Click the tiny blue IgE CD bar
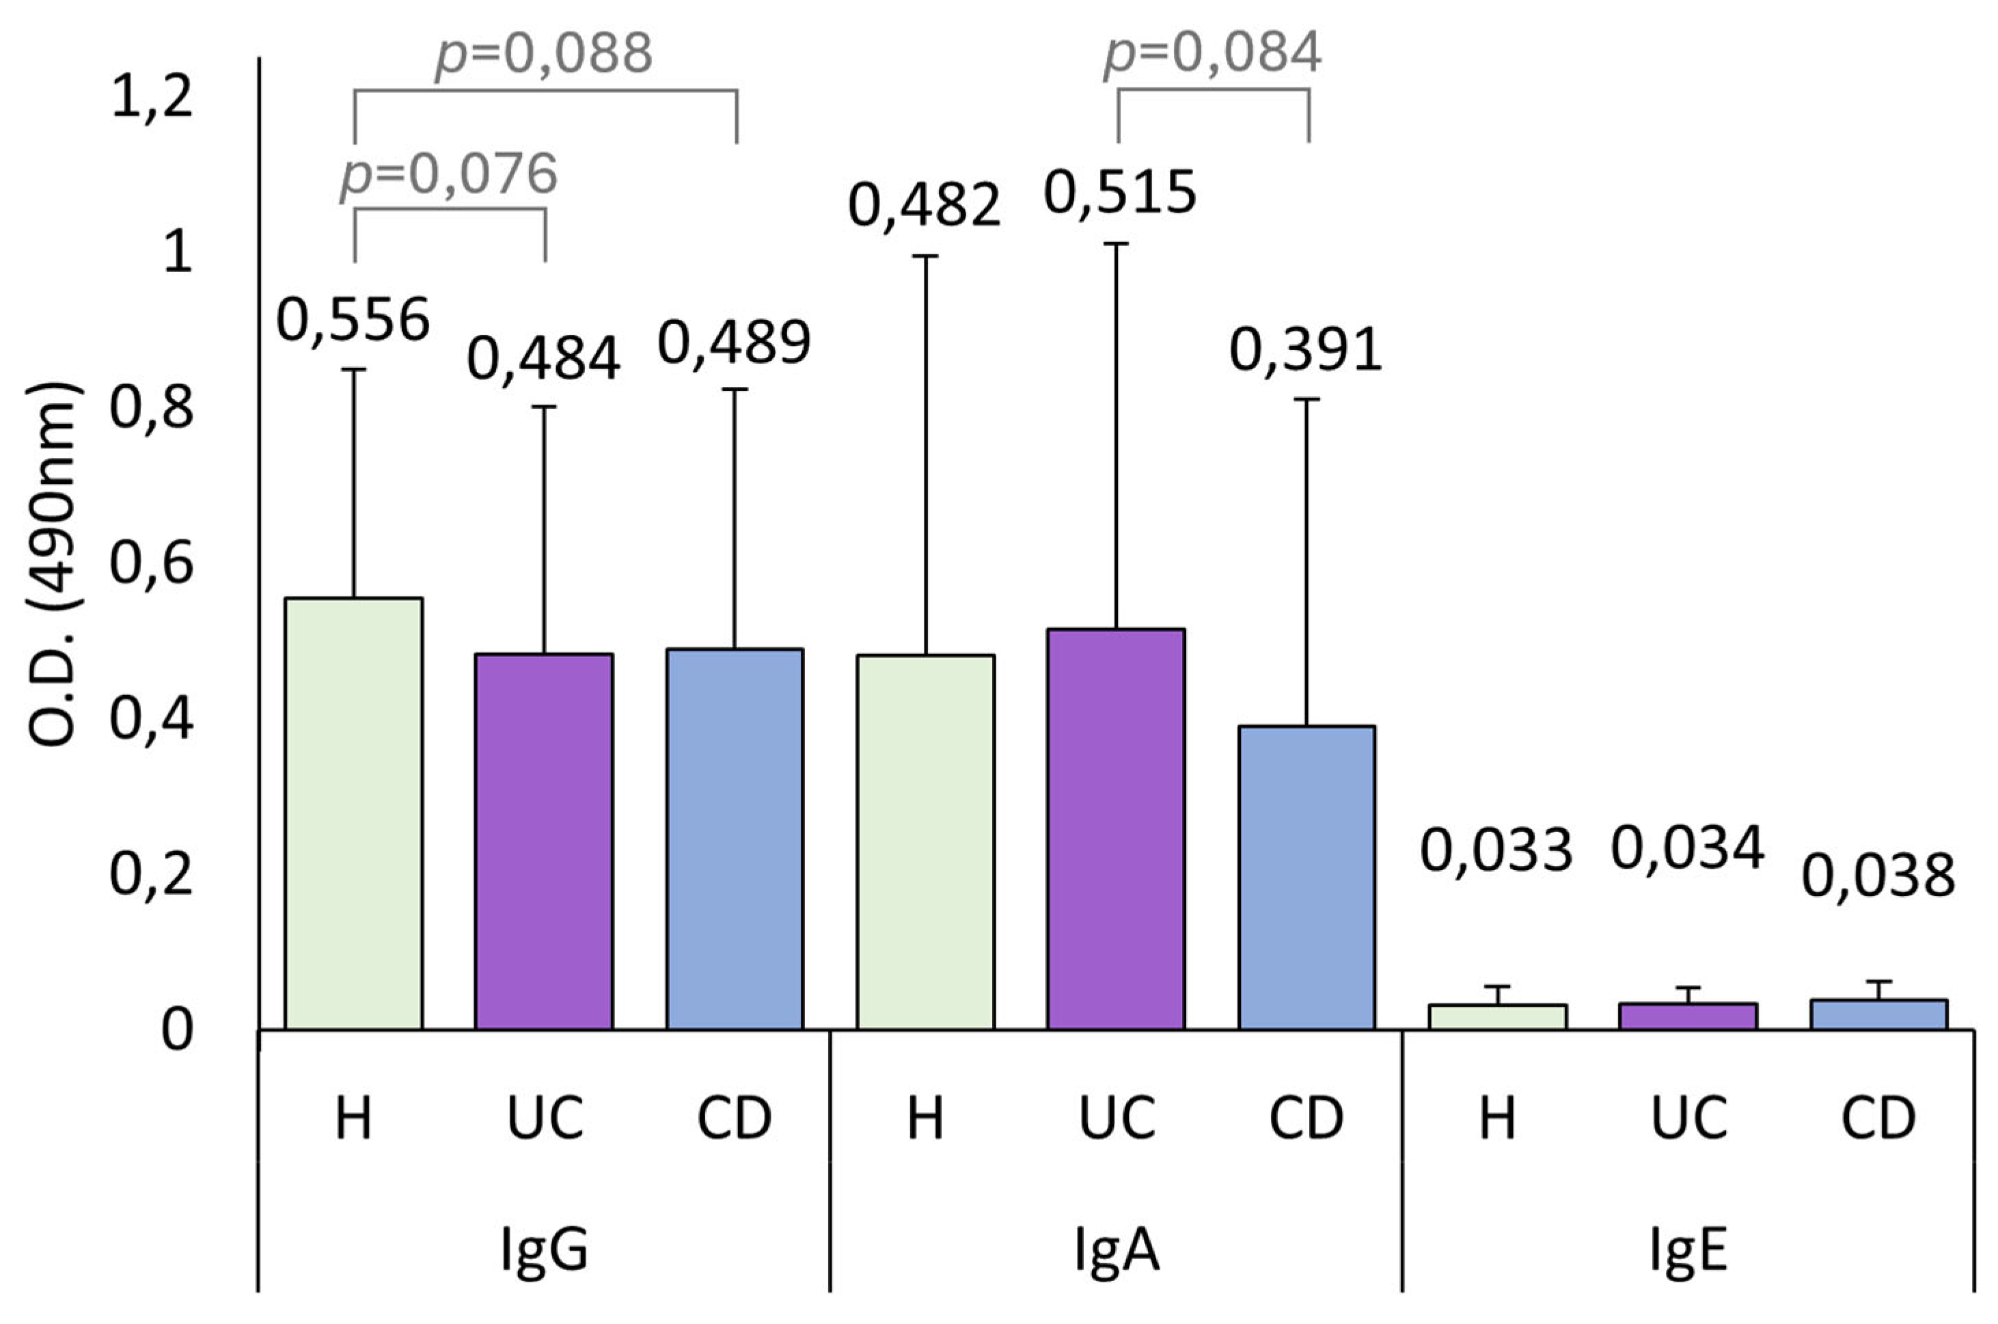[x=1879, y=1014]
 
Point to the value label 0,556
[x=354, y=321]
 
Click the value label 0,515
[x=1120, y=193]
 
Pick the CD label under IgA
[x=1306, y=1118]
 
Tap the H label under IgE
[x=1497, y=1118]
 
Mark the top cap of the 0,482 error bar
[x=926, y=256]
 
